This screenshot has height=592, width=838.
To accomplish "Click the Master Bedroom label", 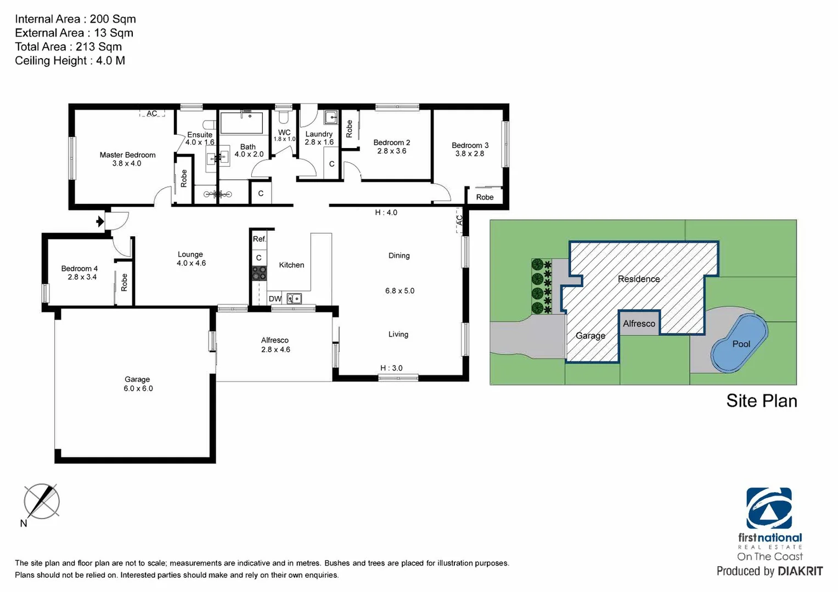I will point(127,155).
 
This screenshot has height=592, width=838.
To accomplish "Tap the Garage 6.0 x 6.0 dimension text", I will point(138,389).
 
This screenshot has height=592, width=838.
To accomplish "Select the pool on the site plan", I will point(739,344).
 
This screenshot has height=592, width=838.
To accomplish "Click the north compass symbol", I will point(41,502).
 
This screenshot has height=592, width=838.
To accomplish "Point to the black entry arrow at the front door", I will point(100,221).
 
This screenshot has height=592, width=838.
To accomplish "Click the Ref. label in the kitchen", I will point(259,239).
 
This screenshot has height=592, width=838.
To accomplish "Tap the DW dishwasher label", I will point(275,299).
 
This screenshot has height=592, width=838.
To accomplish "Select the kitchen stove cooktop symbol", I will point(259,273).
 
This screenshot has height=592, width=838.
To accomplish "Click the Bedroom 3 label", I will point(470,145).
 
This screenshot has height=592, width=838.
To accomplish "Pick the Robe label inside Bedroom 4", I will point(124,282).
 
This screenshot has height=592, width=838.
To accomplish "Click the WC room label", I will point(284,132).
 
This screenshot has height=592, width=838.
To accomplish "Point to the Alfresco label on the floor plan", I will point(275,340).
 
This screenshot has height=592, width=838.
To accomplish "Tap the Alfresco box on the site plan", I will point(639,323).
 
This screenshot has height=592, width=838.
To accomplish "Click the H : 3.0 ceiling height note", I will point(391,368).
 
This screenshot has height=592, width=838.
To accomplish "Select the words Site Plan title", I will point(761,401).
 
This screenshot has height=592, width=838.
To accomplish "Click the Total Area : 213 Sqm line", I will point(69,47).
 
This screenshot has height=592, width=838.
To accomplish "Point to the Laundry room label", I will point(319,134).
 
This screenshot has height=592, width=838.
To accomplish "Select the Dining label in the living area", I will point(399,255).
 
